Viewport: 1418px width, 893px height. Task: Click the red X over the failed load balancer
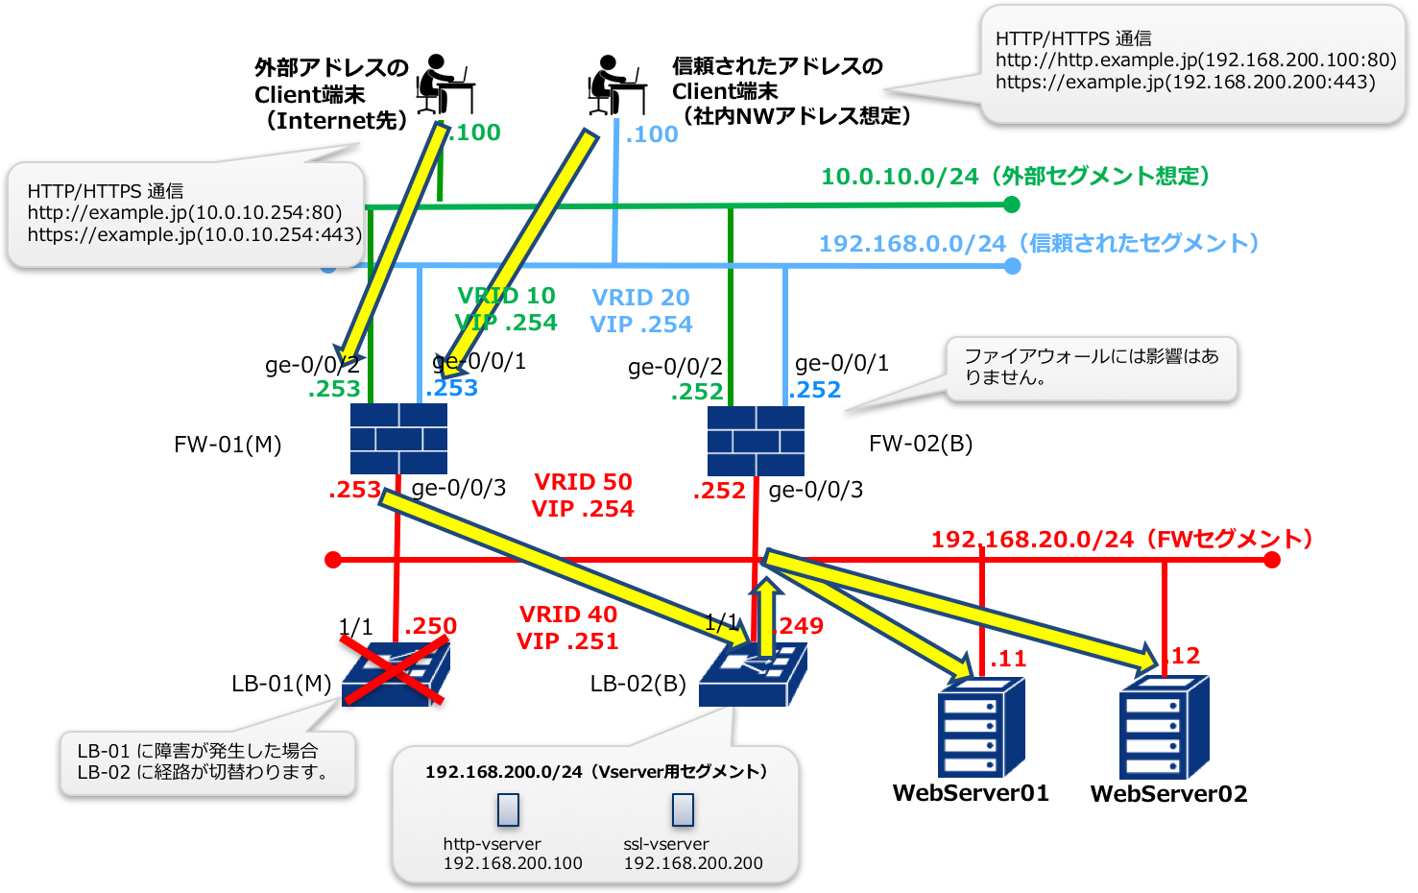[x=395, y=669]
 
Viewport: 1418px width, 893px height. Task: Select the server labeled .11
[x=980, y=727]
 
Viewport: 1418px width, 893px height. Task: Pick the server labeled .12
[x=1163, y=727]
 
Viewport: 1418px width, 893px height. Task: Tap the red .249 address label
[x=800, y=626]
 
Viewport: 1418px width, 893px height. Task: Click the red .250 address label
[x=430, y=626]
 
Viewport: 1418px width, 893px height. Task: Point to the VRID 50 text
[x=583, y=482]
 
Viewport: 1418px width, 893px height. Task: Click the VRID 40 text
[x=568, y=615]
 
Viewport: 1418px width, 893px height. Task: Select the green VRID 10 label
[x=506, y=296]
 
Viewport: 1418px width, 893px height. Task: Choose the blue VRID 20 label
[x=640, y=298]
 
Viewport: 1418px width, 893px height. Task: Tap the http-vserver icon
[x=508, y=810]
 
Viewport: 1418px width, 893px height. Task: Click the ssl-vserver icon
[x=683, y=810]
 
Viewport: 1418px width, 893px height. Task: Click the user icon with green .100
[x=445, y=84]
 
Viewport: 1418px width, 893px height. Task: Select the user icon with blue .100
[x=617, y=85]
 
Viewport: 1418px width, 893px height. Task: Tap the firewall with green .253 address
[x=398, y=438]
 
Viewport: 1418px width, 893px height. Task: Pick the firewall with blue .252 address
[x=756, y=441]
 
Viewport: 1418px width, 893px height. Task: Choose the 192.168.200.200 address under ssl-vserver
[x=693, y=863]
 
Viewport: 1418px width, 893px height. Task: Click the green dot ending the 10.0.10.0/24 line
[x=1011, y=205]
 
